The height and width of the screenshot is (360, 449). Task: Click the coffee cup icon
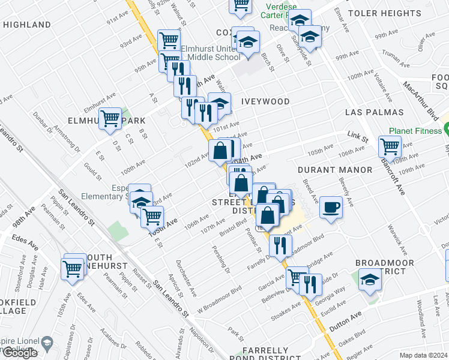(x=331, y=208)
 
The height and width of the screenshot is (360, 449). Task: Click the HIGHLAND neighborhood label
(x=26, y=25)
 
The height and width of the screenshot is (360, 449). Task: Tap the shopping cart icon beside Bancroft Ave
(x=390, y=146)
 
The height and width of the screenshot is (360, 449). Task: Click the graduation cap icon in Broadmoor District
(x=369, y=280)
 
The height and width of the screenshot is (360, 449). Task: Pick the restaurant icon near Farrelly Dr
(x=280, y=245)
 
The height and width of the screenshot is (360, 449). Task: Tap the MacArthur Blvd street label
(x=424, y=98)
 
